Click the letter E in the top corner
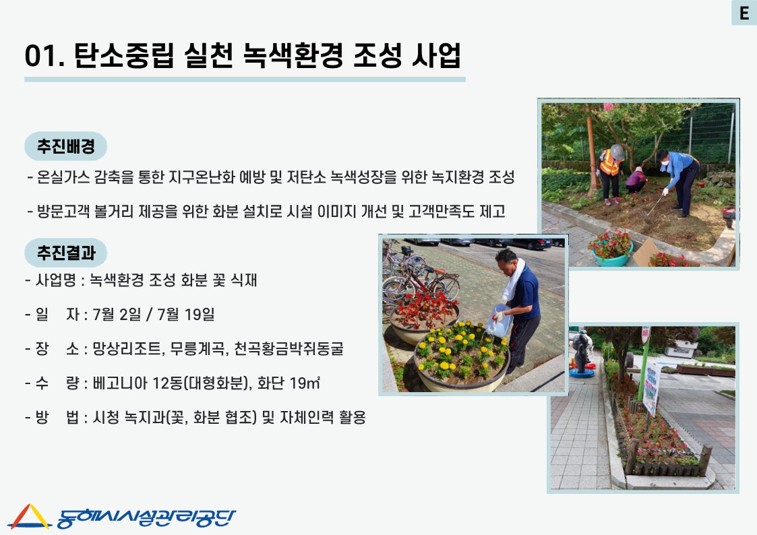(x=744, y=13)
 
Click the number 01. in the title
(x=44, y=55)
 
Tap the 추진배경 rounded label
(x=65, y=146)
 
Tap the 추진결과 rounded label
(x=65, y=252)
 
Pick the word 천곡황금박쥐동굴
(x=289, y=348)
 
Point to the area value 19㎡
(x=305, y=383)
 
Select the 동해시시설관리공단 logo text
(x=146, y=517)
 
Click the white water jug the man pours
(x=499, y=320)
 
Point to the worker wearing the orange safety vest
(x=610, y=174)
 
